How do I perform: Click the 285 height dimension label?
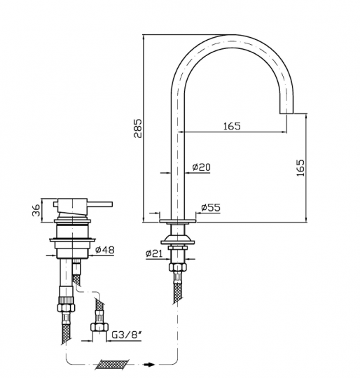pyautogui.click(x=139, y=128)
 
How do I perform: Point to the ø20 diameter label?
pyautogui.click(x=202, y=167)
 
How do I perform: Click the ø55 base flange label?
pyautogui.click(x=211, y=207)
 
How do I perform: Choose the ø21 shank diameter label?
pyautogui.click(x=154, y=253)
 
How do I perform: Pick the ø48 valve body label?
pyautogui.click(x=105, y=250)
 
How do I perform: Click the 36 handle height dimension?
pyautogui.click(x=36, y=210)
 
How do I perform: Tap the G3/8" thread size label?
pyautogui.click(x=127, y=335)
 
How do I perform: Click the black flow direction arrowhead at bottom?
pyautogui.click(x=150, y=365)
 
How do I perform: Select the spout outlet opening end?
pyautogui.click(x=286, y=113)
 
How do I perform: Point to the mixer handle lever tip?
pyautogui.click(x=111, y=204)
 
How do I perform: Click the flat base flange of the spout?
pyautogui.click(x=178, y=220)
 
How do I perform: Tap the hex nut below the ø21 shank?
pyautogui.click(x=178, y=267)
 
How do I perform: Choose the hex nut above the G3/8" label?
pyautogui.click(x=99, y=327)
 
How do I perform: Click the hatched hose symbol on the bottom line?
pyautogui.click(x=112, y=365)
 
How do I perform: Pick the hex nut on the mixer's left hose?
pyautogui.click(x=66, y=307)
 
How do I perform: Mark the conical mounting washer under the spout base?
pyautogui.click(x=178, y=240)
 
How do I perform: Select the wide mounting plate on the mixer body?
pyautogui.click(x=72, y=240)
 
